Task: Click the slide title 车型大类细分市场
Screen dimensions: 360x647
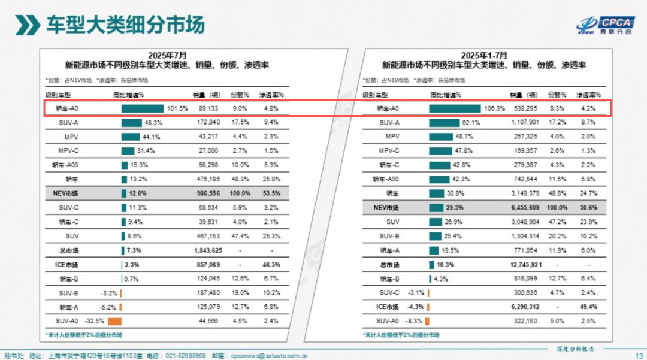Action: click(x=125, y=24)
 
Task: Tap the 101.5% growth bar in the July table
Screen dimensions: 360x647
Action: click(x=142, y=108)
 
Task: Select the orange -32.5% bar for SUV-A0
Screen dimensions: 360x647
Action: click(x=114, y=321)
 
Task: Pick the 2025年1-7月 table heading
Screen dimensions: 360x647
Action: click(x=484, y=55)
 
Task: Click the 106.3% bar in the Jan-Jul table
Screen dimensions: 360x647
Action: click(x=455, y=108)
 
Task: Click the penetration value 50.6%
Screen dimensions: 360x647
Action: click(x=588, y=208)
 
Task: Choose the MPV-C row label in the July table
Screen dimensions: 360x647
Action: click(x=68, y=150)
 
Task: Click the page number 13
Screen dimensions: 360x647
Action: click(x=638, y=355)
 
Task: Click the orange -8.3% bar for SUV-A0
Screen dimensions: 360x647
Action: click(x=428, y=321)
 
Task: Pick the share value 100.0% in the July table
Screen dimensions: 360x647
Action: click(x=240, y=193)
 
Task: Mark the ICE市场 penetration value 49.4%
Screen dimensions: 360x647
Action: click(x=588, y=307)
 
